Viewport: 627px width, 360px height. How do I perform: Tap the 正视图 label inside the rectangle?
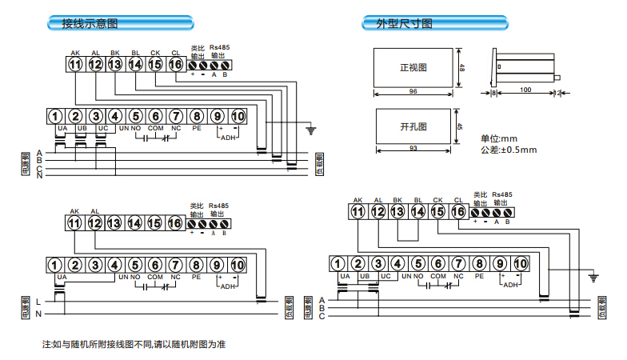tap(413, 68)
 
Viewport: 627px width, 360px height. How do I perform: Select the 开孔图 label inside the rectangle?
tap(413, 127)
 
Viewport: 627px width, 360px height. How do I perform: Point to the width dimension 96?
tap(413, 92)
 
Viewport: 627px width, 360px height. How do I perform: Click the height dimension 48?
tap(462, 70)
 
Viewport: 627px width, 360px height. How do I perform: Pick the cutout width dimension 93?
tap(413, 149)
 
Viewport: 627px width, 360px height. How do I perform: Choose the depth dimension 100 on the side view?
tap(525, 90)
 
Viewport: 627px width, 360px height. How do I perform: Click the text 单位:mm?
tap(500, 138)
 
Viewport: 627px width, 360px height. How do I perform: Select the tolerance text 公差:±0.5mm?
tap(509, 150)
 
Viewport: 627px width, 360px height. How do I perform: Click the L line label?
tap(38, 301)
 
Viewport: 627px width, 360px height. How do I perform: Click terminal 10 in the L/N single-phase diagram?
tap(238, 265)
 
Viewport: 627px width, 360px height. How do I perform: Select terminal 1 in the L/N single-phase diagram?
tap(55, 265)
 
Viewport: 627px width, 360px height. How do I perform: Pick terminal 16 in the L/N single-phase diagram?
tap(176, 223)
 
